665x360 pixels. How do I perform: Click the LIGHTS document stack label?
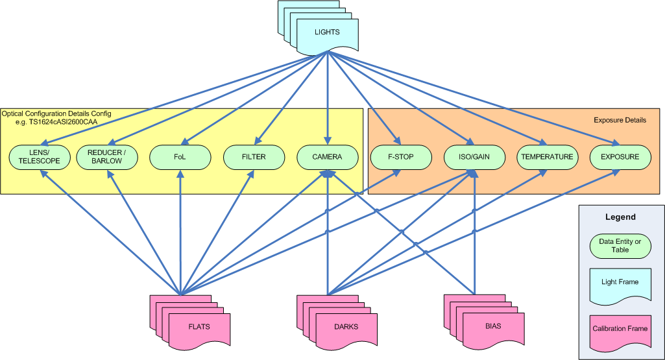coord(327,32)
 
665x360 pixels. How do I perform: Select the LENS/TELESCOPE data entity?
coord(40,157)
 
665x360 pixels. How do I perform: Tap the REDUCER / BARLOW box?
coord(107,157)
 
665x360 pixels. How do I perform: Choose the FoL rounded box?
coord(180,157)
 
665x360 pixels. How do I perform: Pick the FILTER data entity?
coord(254,157)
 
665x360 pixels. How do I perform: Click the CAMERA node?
coord(327,157)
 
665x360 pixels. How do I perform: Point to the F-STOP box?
coord(401,157)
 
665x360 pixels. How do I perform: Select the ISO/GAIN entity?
coord(474,157)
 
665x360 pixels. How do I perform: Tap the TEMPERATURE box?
coord(547,157)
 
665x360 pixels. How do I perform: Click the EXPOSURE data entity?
coord(620,157)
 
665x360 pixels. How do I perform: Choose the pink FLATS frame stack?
coord(199,326)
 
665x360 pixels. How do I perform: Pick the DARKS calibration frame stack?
coord(346,326)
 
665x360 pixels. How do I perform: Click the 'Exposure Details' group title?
coord(620,120)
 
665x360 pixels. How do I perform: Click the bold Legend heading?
coord(620,217)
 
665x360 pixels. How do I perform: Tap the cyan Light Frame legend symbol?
coord(620,283)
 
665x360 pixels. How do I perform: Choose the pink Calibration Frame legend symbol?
coord(620,329)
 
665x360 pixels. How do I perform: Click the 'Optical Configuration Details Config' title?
coord(56,114)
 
